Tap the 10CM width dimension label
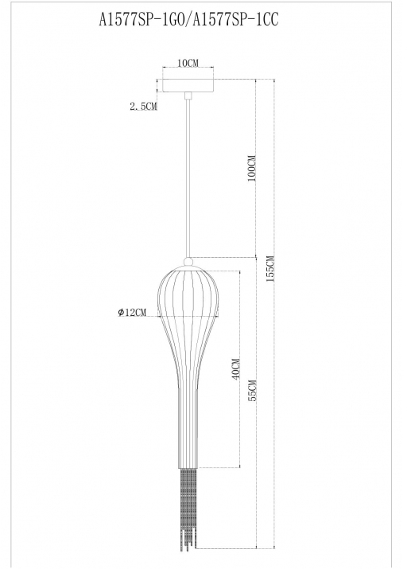(188, 63)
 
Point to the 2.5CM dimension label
(144, 107)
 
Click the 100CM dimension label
(252, 168)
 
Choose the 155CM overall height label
(270, 269)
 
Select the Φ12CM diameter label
(132, 312)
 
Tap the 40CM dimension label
(235, 369)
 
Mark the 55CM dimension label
(253, 390)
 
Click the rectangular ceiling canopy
(188, 86)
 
